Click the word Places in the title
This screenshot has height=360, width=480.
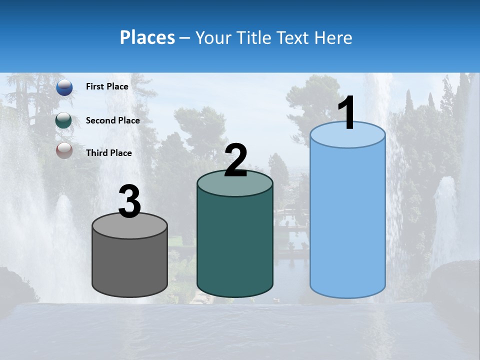click(147, 37)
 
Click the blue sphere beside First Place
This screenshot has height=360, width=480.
click(64, 87)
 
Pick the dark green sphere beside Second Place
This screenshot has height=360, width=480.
click(64, 120)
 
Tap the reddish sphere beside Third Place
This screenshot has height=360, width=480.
click(64, 150)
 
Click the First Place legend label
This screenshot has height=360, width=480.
click(107, 86)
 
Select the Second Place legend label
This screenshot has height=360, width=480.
click(112, 120)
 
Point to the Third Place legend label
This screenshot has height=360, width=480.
click(108, 153)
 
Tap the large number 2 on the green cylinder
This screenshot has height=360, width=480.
click(235, 160)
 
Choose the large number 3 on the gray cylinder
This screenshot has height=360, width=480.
click(130, 201)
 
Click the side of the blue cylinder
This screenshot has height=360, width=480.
click(347, 220)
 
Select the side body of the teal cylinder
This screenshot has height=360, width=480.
click(235, 245)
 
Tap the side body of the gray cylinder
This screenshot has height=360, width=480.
click(130, 265)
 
